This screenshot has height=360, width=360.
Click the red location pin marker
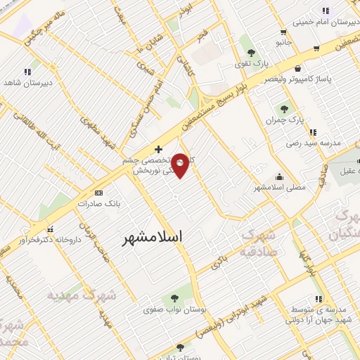click(x=181, y=165)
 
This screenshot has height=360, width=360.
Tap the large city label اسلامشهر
click(x=152, y=238)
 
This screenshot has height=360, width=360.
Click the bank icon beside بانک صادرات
click(x=98, y=193)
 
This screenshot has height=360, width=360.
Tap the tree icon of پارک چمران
click(x=284, y=109)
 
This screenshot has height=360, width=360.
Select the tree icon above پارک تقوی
click(x=250, y=51)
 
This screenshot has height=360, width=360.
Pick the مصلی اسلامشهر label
click(x=279, y=188)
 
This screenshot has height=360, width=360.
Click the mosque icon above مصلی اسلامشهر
click(x=281, y=176)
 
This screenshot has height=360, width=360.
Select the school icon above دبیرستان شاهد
click(x=27, y=71)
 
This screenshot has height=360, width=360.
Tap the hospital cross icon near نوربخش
click(x=159, y=149)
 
